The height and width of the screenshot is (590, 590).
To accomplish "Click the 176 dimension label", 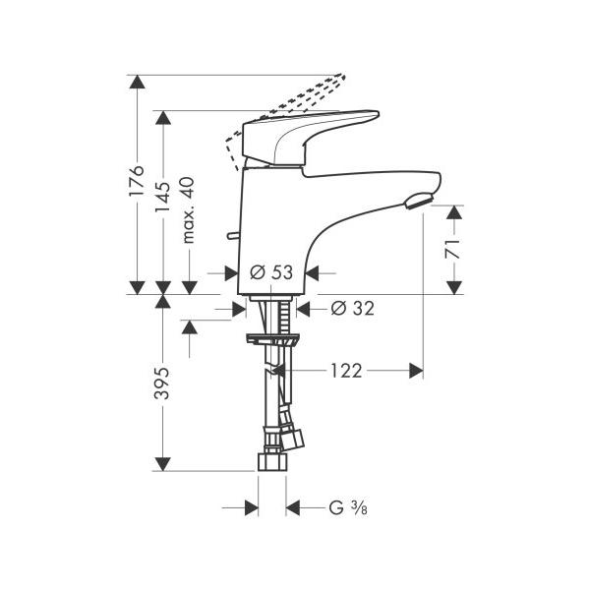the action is pos(137,180).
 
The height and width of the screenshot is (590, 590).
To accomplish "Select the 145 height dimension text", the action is pos(162,197).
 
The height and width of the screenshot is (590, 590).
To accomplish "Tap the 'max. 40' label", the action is pos(188,210).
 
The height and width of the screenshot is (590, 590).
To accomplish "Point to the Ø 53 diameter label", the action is pos(271,272).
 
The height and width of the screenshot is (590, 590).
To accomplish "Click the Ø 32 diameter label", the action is pos(353,309).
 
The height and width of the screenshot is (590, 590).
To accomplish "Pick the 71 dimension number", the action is pos(453,249).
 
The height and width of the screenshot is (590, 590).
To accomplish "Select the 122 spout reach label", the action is pos(346,371).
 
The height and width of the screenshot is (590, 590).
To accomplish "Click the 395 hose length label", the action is pos(162,383).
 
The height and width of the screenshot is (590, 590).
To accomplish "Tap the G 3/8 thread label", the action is pos(348,508).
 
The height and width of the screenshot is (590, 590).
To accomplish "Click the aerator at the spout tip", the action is pos(419,200).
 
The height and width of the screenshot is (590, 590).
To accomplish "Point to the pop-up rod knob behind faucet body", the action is pos(232,236).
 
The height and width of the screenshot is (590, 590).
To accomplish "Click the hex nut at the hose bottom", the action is pos(272,462).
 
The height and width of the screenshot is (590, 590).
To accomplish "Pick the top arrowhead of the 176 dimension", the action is pos(137,82).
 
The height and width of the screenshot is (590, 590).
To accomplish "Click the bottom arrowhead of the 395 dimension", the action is pos(162,464).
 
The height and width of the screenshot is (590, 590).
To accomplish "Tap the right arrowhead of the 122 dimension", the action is pos(416,371).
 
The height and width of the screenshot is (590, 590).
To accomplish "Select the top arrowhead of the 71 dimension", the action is pos(454,212).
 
